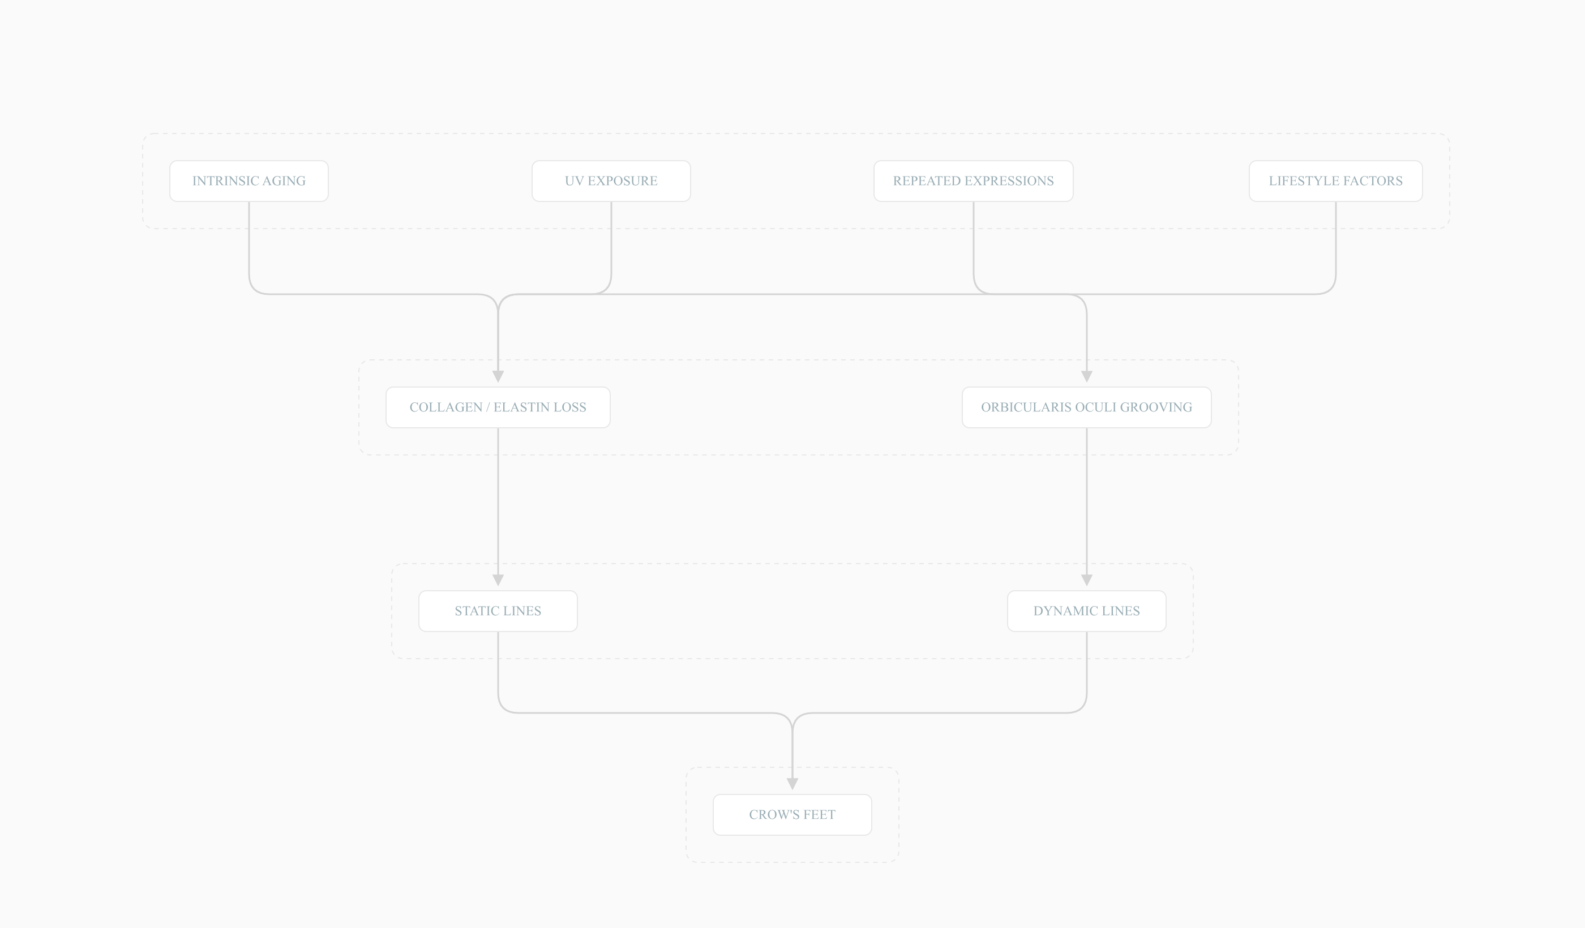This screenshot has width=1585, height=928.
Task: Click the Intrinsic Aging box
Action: pos(249,181)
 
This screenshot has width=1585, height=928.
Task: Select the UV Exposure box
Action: pos(611,181)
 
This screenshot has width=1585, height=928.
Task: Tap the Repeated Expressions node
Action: pos(974,181)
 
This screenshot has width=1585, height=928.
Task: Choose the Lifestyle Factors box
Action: pos(1336,181)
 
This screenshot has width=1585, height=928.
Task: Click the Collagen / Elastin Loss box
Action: pos(498,407)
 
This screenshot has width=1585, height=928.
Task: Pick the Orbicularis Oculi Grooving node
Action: pos(1087,407)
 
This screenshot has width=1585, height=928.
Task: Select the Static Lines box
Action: pos(498,611)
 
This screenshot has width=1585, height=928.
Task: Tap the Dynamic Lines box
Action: pos(1087,611)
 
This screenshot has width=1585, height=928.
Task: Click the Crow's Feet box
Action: pos(792,815)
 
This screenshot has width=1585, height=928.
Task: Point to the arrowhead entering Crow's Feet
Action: pos(792,784)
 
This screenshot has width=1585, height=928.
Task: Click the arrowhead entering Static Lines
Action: pos(498,581)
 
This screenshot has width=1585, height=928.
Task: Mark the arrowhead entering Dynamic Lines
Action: pos(1087,581)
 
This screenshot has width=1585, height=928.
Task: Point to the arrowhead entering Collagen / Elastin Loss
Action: pos(498,377)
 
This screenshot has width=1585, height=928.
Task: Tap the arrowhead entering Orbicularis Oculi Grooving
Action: pos(1087,377)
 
